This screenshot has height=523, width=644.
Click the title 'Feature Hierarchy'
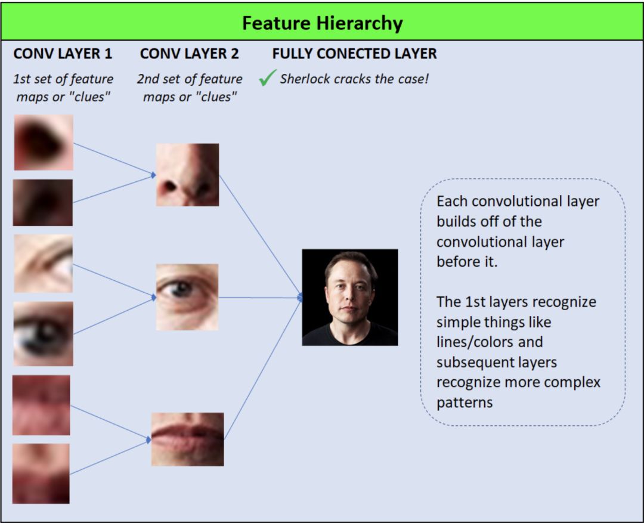click(x=322, y=24)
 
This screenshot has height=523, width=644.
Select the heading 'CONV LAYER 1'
click(x=63, y=54)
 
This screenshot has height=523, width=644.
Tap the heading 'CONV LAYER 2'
click(x=190, y=54)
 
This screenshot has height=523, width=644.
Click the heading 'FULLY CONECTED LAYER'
click(x=354, y=54)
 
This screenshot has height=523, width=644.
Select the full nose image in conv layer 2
click(x=187, y=175)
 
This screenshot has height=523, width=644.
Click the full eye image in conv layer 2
click(x=187, y=297)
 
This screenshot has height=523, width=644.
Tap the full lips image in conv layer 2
click(x=187, y=439)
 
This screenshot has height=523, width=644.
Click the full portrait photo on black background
click(x=349, y=297)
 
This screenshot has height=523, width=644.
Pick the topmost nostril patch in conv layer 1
click(x=44, y=143)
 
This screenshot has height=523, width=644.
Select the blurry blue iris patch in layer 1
click(x=44, y=333)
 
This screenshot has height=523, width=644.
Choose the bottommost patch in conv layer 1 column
click(x=41, y=474)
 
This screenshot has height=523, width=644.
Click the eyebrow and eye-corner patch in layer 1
click(x=44, y=263)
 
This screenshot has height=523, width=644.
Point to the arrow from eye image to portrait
click(x=259, y=297)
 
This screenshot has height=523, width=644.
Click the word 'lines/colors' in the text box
click(x=489, y=342)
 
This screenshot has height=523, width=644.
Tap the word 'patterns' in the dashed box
click(x=465, y=403)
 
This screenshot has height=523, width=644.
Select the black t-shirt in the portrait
click(x=351, y=335)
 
